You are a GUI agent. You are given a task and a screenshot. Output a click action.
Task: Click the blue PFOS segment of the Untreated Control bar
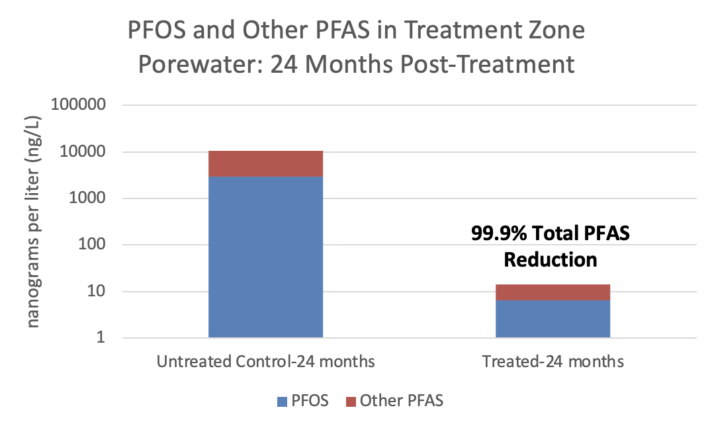(x=265, y=257)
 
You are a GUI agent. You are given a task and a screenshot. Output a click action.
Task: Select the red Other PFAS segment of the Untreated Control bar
(x=265, y=163)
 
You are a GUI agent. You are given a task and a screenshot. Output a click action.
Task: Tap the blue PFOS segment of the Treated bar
(x=553, y=319)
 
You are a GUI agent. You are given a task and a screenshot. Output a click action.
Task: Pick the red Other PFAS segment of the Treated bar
(x=553, y=292)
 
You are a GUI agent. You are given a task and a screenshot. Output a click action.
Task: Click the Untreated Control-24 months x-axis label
(x=265, y=362)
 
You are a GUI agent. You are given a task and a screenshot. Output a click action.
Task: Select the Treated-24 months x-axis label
(x=553, y=362)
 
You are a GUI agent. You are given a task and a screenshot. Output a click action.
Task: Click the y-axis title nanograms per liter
(x=32, y=222)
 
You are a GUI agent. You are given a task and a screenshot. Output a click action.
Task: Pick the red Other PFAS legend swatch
(x=351, y=400)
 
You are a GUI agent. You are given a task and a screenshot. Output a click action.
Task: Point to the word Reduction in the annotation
(x=551, y=259)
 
